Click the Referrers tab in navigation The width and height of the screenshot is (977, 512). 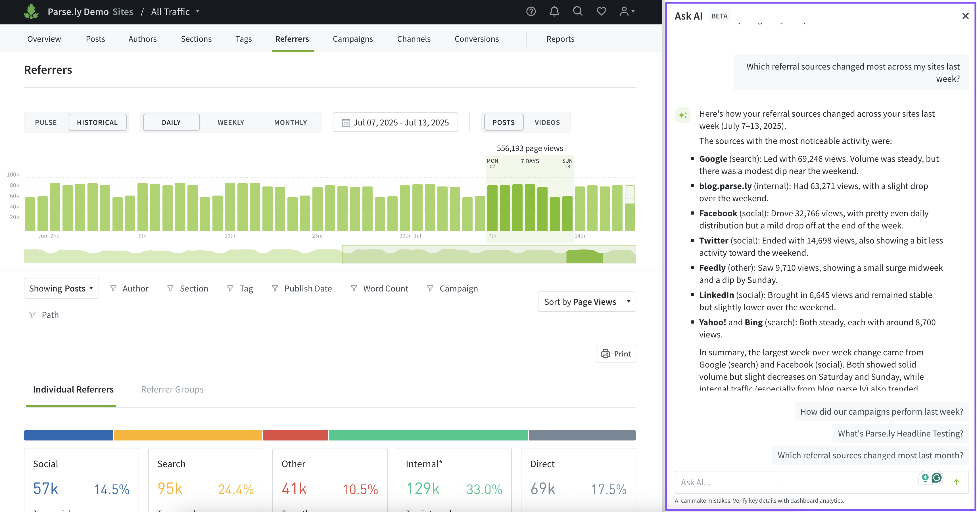tap(292, 39)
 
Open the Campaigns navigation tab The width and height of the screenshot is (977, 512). tap(352, 39)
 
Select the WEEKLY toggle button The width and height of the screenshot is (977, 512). tap(231, 122)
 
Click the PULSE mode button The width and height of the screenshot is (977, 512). tap(46, 122)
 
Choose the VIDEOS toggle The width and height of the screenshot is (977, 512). tap(547, 122)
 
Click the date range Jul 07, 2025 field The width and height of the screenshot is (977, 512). tap(395, 122)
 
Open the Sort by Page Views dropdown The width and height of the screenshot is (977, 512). tap(586, 302)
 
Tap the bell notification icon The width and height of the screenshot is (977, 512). tap(554, 11)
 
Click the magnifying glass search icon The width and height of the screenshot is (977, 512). tap(577, 11)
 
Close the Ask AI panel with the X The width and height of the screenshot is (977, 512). tap(965, 16)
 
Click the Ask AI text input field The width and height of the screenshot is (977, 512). tap(796, 482)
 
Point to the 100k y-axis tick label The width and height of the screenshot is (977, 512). tap(13, 174)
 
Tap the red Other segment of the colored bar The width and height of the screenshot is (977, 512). tap(295, 435)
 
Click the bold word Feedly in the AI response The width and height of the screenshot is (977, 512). tap(712, 268)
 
